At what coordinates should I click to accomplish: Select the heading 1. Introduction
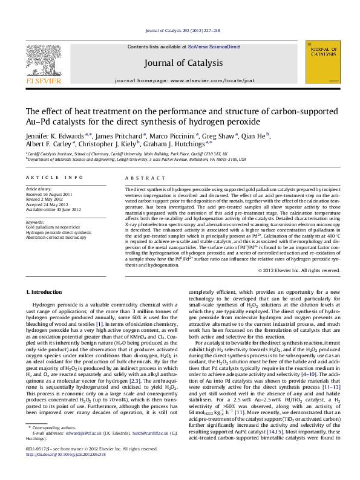pyautogui.click(x=45, y=293)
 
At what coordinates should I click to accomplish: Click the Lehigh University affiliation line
pyautogui.click(x=136, y=160)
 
